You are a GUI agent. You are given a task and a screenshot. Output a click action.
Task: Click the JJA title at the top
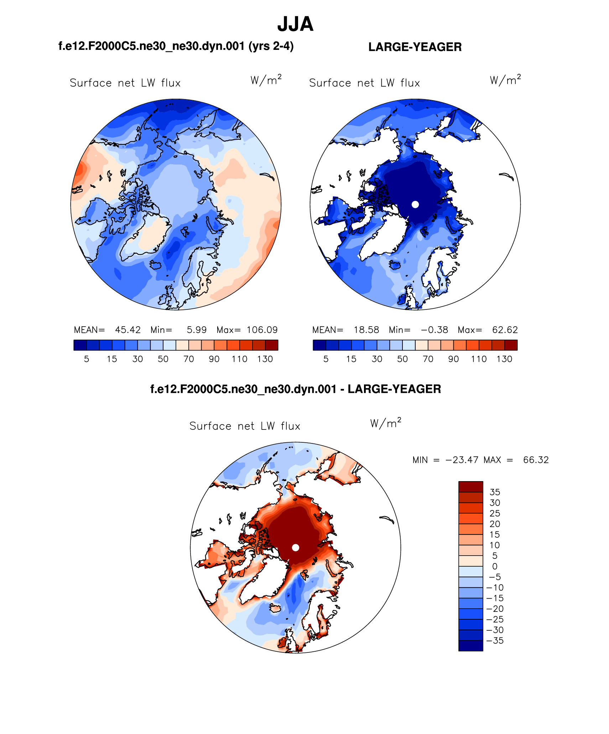[x=295, y=24]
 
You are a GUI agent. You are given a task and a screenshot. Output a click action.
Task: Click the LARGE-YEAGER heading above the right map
[x=415, y=47]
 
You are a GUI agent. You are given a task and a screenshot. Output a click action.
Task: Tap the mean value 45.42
[x=128, y=330]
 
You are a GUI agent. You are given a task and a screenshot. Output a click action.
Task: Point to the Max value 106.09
[x=262, y=330]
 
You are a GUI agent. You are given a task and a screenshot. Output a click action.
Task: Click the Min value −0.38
[x=434, y=330]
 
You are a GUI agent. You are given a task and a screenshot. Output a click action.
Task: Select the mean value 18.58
[x=366, y=330]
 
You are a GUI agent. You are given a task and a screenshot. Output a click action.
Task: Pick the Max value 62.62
[x=505, y=330]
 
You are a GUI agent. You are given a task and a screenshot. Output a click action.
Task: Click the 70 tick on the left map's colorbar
[x=188, y=359]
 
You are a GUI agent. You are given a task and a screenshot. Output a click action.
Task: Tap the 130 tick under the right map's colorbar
[x=504, y=359]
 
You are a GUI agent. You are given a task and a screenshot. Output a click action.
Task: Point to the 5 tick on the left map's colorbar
[x=87, y=359]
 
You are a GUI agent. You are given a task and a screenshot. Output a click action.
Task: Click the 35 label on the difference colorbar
[x=495, y=492]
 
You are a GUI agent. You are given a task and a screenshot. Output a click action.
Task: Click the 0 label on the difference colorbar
[x=495, y=566]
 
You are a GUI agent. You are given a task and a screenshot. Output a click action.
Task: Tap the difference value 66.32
[x=536, y=460]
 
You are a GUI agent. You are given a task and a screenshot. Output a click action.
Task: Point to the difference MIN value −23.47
[x=462, y=460]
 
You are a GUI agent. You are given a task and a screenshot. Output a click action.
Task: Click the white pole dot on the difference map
[x=295, y=547]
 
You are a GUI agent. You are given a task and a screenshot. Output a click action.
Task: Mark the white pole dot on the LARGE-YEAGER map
[x=415, y=204]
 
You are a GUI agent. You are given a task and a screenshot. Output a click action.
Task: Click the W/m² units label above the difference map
[x=386, y=423]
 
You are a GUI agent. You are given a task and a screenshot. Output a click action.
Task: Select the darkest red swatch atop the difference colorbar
[x=470, y=487]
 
